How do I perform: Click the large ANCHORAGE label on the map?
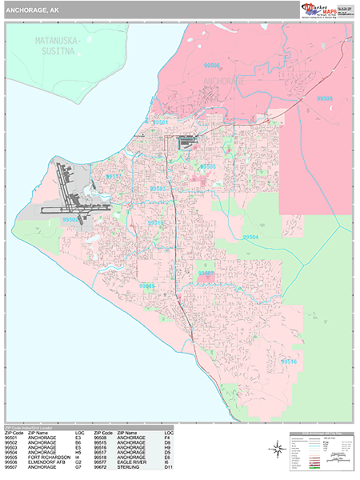pos(225,82)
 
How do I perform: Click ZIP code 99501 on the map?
pos(160,122)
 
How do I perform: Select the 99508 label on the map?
pos(208,166)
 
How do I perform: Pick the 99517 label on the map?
pos(114,177)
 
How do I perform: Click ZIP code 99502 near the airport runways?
pos(70,219)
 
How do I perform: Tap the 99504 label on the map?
pos(250,238)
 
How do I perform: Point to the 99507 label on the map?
pos(206,273)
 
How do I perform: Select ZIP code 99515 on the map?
pos(146,285)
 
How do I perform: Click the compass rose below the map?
pos(277,450)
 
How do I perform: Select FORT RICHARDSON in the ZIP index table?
pos(48,458)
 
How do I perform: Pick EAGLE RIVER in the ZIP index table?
pos(134,462)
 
